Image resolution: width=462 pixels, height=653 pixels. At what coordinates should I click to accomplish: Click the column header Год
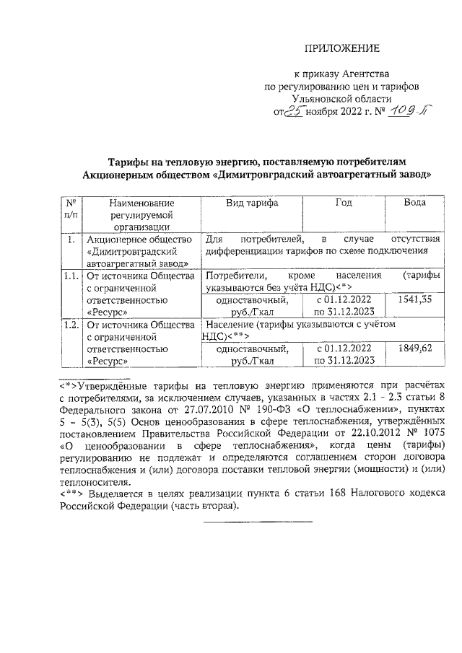point(344,203)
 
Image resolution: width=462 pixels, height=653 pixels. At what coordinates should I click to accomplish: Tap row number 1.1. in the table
point(70,276)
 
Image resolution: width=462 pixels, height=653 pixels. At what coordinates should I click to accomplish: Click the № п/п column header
point(70,209)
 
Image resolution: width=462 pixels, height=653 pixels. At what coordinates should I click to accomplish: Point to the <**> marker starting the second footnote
point(72,494)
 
